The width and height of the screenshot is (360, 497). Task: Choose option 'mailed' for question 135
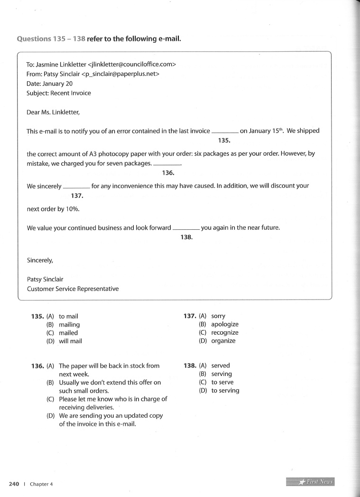[x=68, y=333]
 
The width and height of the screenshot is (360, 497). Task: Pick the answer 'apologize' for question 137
[x=225, y=325]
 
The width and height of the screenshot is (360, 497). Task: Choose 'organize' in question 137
[x=223, y=341]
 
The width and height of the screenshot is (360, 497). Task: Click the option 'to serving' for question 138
[x=225, y=391]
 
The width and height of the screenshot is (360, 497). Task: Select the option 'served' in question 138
[x=221, y=366]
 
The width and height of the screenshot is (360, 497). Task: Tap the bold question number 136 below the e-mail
[x=37, y=366]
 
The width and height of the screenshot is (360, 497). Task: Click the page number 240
[x=13, y=484]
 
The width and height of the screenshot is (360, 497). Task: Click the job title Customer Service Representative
[x=73, y=289]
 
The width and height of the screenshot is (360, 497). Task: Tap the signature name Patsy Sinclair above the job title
[x=45, y=279]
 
